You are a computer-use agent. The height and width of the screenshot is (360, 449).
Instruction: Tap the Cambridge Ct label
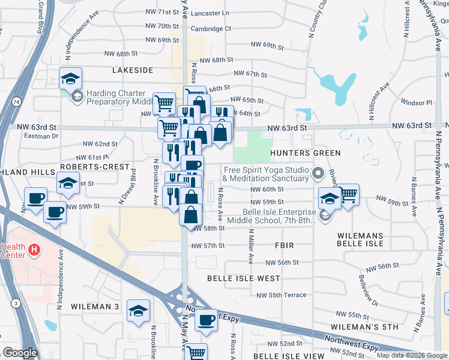click(211, 28)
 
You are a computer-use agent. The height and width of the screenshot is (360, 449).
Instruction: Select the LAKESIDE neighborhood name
click(133, 70)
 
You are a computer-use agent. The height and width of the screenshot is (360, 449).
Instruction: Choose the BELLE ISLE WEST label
click(244, 278)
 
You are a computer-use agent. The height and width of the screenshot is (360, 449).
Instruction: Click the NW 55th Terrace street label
click(281, 295)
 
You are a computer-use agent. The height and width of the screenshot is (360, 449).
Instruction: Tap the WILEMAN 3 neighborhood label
click(95, 306)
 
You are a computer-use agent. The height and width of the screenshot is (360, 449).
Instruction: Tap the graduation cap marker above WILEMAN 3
click(138, 310)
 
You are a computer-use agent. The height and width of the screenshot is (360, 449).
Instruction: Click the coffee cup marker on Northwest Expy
click(206, 319)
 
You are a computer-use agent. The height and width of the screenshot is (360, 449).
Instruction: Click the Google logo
click(20, 353)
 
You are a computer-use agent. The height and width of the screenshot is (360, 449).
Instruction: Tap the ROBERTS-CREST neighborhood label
click(94, 166)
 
